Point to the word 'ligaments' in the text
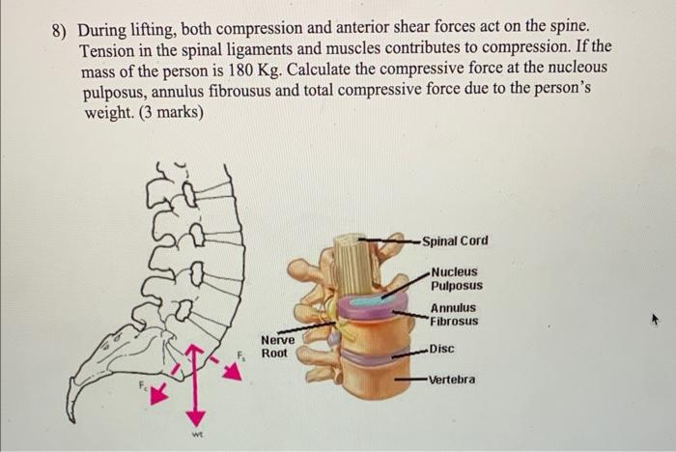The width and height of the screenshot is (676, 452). click(273, 48)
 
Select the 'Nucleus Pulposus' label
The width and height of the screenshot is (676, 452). click(456, 279)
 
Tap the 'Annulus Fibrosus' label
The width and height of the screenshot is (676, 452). click(454, 315)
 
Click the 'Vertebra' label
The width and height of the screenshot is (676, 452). click(451, 380)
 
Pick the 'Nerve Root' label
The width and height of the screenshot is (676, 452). click(277, 347)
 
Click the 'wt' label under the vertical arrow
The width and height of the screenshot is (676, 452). click(194, 435)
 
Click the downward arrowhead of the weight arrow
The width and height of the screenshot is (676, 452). click(195, 417)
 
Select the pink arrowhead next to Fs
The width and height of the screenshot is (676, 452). click(233, 373)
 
